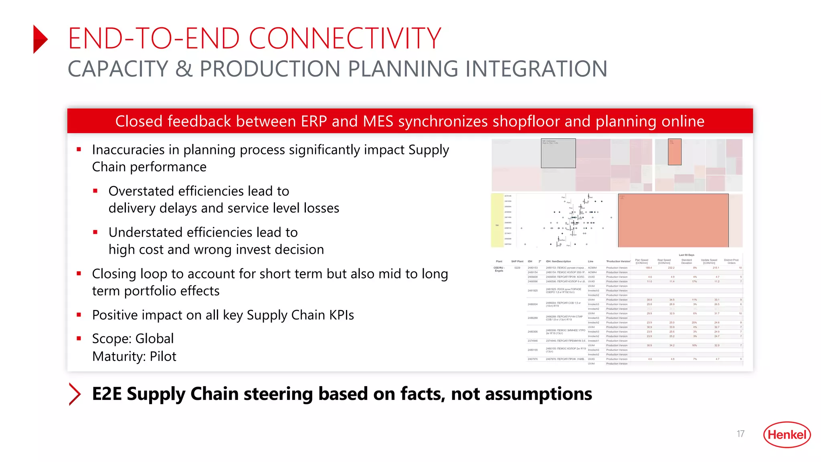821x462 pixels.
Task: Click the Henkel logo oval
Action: point(787,434)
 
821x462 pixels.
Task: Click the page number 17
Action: point(740,434)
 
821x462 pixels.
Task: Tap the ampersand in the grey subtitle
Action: point(184,69)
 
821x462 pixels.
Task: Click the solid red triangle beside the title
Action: point(40,39)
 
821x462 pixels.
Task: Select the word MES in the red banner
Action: point(378,121)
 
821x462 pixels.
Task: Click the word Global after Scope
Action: point(154,338)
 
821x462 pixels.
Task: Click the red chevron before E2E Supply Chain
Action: point(75,394)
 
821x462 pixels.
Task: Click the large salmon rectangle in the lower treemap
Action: point(673,221)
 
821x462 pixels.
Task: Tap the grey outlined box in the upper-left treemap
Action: point(558,153)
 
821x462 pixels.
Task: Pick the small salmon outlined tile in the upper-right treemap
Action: point(675,152)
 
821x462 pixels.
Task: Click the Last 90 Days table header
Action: point(686,255)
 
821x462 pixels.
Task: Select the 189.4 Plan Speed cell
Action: point(648,268)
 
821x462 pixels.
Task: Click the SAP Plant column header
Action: point(517,261)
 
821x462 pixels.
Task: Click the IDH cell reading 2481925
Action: point(532,291)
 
